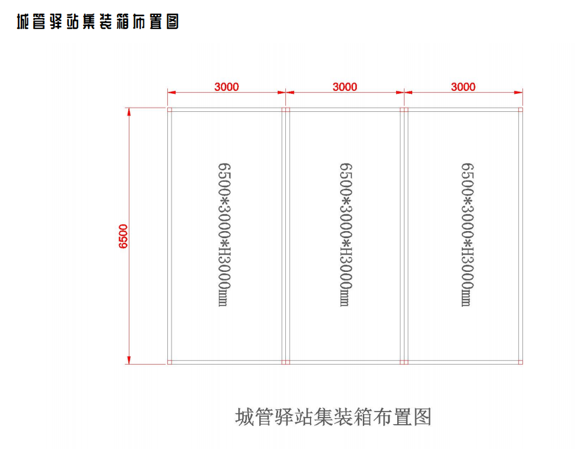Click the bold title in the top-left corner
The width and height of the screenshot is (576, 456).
pos(98,22)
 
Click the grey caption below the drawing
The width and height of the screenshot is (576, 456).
pos(333,417)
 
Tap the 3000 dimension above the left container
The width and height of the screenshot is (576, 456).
pos(227,87)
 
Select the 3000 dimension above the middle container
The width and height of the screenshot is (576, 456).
pos(345,87)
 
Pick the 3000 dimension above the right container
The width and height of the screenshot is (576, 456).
pos(463,87)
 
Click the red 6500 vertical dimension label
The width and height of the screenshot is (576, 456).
pos(123,236)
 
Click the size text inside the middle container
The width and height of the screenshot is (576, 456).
pos(345,235)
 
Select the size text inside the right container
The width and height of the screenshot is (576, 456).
pos(468,235)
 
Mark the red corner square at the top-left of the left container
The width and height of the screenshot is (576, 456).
pos(170,109)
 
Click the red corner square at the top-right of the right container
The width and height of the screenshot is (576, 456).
pos(521,109)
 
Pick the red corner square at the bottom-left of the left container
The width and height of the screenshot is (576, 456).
pos(170,362)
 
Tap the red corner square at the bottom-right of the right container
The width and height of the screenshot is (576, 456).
pos(521,362)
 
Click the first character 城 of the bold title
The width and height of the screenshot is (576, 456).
pos(23,22)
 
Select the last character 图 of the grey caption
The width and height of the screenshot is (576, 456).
pos(423,417)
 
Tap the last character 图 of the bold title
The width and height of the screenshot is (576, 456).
pos(173,22)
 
